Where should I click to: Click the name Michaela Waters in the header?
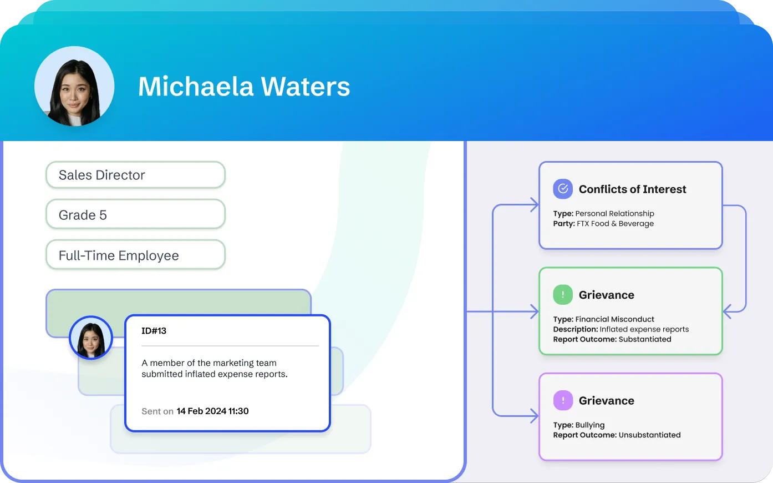click(x=244, y=87)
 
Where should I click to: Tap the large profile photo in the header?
click(x=74, y=87)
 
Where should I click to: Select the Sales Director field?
click(x=135, y=175)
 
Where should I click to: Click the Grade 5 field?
click(x=135, y=215)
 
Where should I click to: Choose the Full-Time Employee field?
click(x=135, y=255)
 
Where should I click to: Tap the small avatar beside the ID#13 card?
click(x=91, y=338)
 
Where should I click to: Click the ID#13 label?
click(x=154, y=331)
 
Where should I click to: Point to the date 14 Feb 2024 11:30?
click(x=212, y=411)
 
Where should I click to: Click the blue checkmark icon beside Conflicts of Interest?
click(x=562, y=189)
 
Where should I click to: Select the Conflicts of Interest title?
click(x=632, y=189)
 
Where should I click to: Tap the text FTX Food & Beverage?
click(x=615, y=224)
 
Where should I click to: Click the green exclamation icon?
click(x=562, y=295)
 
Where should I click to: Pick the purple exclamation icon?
click(x=562, y=400)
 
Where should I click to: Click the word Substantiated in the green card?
click(x=644, y=339)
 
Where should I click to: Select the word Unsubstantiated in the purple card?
click(x=649, y=435)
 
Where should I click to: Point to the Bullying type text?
click(x=590, y=425)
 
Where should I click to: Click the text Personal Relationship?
click(x=614, y=214)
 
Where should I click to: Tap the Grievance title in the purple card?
click(x=606, y=401)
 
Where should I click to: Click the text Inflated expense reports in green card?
click(x=644, y=329)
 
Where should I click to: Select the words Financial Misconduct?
click(x=614, y=319)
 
